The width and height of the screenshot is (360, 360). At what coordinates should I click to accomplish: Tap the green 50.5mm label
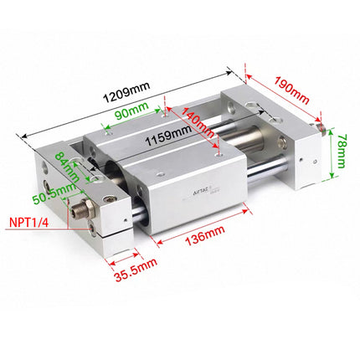47,199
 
